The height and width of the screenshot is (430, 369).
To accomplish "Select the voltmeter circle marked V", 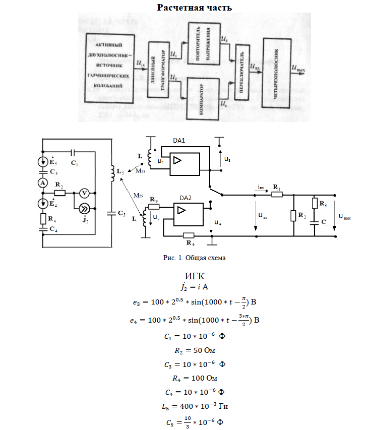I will tap(85, 193).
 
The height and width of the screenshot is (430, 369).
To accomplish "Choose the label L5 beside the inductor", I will tap(120, 172).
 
